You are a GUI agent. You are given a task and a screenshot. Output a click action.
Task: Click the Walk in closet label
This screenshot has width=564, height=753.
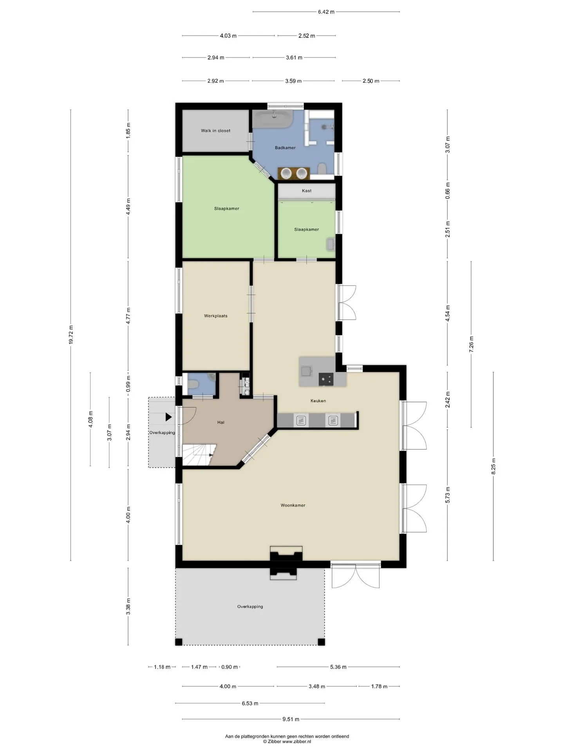(215, 131)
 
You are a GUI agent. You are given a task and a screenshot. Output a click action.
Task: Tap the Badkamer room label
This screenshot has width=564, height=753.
(285, 148)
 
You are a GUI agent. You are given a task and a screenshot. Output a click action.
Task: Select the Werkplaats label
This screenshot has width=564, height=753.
(216, 316)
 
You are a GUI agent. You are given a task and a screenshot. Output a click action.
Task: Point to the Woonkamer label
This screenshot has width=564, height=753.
(293, 506)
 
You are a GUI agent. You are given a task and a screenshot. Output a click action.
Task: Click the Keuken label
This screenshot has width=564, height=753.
(318, 401)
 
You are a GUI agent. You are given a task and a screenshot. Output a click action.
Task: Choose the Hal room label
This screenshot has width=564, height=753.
(221, 422)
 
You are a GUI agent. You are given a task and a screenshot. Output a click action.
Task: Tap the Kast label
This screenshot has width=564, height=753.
(307, 191)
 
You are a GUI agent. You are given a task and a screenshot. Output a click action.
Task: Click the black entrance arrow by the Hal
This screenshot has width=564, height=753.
(169, 417)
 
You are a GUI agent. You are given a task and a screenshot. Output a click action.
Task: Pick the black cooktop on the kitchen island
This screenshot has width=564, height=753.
(326, 379)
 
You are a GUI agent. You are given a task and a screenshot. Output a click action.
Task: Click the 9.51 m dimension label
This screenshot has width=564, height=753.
(291, 719)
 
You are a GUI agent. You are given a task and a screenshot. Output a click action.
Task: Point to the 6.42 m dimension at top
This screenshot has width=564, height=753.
(326, 12)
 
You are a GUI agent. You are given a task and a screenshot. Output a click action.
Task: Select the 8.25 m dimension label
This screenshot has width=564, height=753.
(493, 466)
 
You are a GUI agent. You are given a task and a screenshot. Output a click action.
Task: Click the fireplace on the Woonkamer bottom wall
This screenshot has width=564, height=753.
(286, 563)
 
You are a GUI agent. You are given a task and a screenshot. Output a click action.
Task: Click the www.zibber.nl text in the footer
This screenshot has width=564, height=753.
(296, 742)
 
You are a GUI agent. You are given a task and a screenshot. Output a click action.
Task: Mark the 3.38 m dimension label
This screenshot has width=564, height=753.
(128, 607)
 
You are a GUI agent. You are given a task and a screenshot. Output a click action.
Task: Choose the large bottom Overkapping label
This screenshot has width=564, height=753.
(250, 607)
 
